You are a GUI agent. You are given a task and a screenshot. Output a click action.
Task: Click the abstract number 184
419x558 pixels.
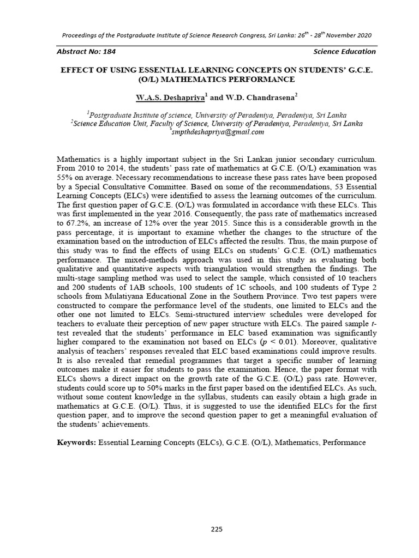coord(109,52)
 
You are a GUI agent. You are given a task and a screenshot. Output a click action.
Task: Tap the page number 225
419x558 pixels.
coord(217,529)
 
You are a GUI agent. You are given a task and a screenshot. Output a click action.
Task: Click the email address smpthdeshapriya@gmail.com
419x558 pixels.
coord(218,132)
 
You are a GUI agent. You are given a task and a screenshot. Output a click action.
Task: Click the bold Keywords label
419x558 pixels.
coord(76,442)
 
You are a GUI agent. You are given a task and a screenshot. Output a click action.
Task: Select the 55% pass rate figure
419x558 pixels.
coord(65,177)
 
